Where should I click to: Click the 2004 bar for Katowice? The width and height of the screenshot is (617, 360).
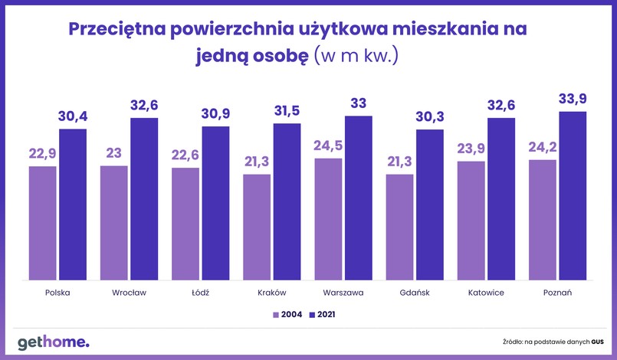(471, 220)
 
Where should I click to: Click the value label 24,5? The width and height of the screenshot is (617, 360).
(328, 145)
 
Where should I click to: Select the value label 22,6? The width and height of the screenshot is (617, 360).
(185, 154)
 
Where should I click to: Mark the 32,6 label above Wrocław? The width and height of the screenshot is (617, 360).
(144, 105)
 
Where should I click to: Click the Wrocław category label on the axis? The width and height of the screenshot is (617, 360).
(129, 293)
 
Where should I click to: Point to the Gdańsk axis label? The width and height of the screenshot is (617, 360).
(414, 293)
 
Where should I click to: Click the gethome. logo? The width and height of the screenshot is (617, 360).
(53, 341)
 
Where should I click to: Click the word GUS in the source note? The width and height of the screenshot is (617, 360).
(589, 342)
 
